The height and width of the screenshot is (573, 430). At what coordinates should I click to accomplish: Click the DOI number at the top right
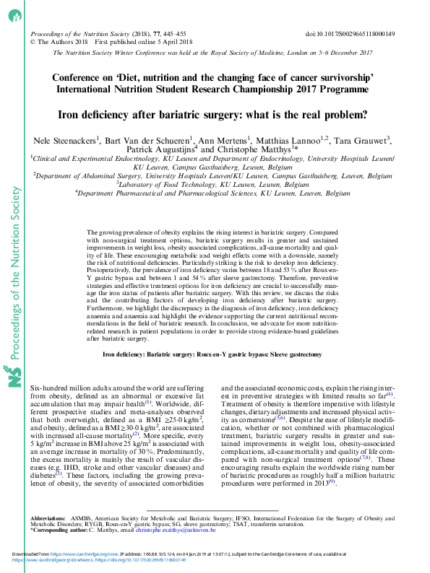(x=355, y=34)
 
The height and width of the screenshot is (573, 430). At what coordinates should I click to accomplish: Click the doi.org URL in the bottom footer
(x=152, y=560)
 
